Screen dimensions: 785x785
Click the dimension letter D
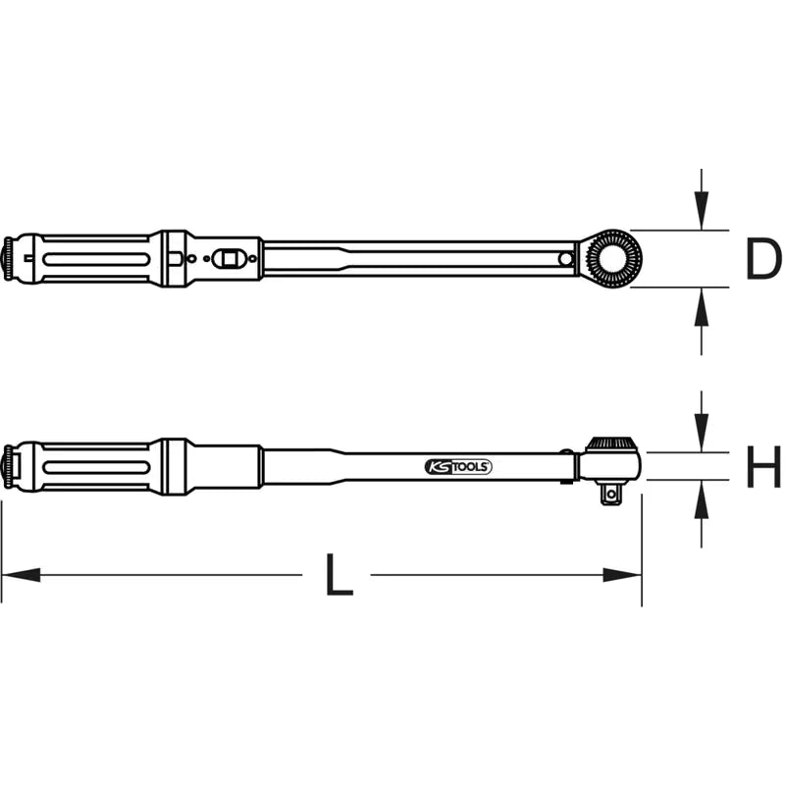pos(763,259)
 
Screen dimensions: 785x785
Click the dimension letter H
pos(763,467)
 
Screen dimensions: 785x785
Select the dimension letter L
pos(340,575)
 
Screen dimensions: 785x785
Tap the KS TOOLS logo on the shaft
pos(458,467)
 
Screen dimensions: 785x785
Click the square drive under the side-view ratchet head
pos(610,494)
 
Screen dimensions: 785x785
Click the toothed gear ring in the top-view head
pos(612,259)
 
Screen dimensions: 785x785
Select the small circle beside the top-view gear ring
pos(566,259)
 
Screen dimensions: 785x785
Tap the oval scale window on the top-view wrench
pos(228,258)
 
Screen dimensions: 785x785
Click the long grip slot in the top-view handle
pos(95,259)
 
